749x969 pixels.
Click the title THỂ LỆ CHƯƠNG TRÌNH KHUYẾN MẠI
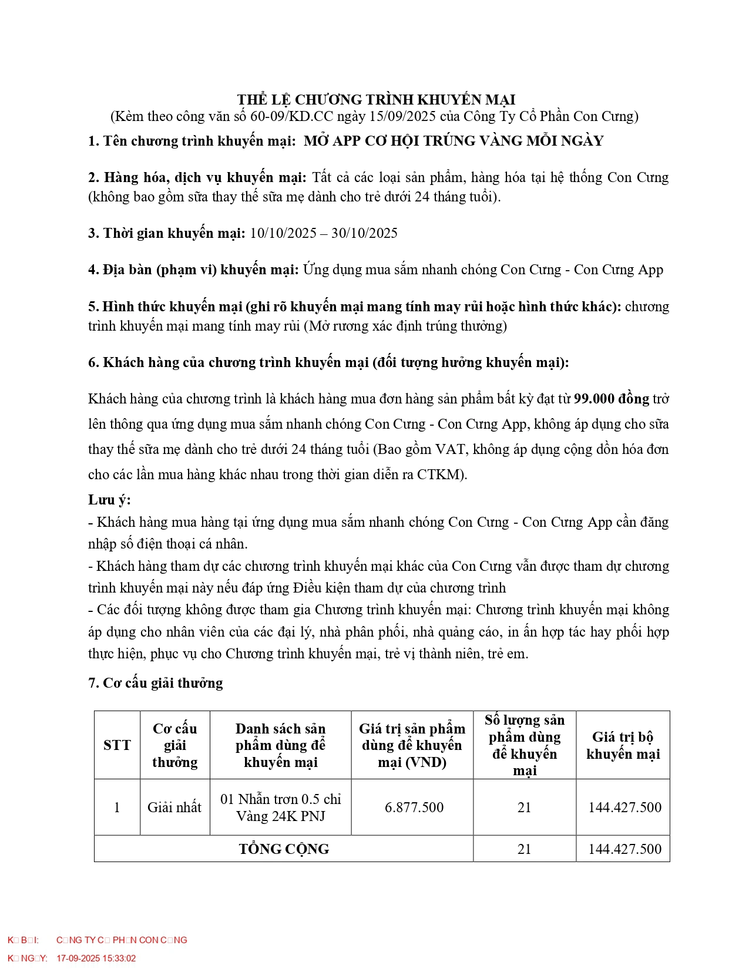point(376,99)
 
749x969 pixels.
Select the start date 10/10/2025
point(283,233)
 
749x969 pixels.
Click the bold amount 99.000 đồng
point(611,399)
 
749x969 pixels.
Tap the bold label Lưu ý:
point(109,500)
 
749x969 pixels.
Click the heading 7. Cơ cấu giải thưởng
point(156,683)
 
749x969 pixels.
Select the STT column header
point(117,745)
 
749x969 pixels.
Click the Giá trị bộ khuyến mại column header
point(623,745)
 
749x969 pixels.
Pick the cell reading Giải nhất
point(174,807)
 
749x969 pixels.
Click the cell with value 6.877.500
point(414,807)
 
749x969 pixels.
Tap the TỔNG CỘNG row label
point(284,849)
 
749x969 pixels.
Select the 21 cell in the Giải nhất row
point(524,807)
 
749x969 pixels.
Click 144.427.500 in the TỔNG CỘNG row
point(624,849)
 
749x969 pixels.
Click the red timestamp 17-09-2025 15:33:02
point(96,958)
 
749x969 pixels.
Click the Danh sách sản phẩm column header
point(281,745)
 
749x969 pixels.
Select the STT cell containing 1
point(117,807)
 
